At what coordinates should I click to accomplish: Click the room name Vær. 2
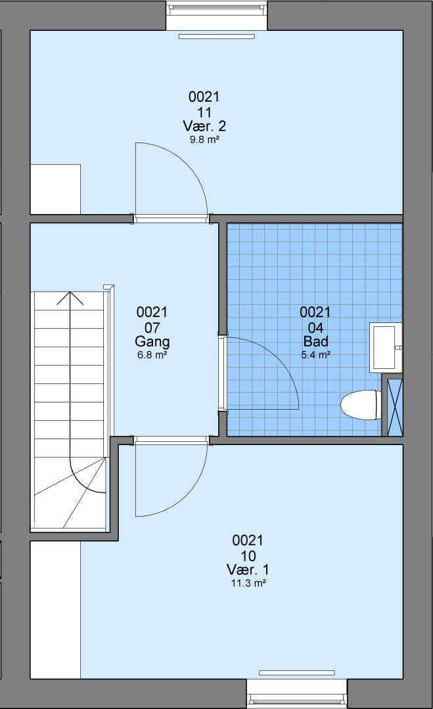[204, 125]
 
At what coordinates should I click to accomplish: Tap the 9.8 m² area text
[204, 140]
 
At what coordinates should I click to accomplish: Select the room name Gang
[152, 342]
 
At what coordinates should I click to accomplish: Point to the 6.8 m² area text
[152, 355]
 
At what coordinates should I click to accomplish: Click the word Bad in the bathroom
[316, 341]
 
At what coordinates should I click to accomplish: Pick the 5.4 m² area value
[316, 355]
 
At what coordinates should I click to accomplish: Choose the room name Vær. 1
[248, 569]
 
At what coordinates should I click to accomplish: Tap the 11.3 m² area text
[248, 584]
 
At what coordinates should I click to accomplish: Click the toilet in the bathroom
[361, 405]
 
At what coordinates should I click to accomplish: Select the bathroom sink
[386, 347]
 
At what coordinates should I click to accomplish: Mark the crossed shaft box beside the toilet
[395, 407]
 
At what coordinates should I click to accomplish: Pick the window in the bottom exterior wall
[297, 693]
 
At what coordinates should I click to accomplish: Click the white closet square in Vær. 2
[55, 189]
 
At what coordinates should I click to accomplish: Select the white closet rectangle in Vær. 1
[55, 609]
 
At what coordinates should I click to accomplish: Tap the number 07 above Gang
[152, 328]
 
